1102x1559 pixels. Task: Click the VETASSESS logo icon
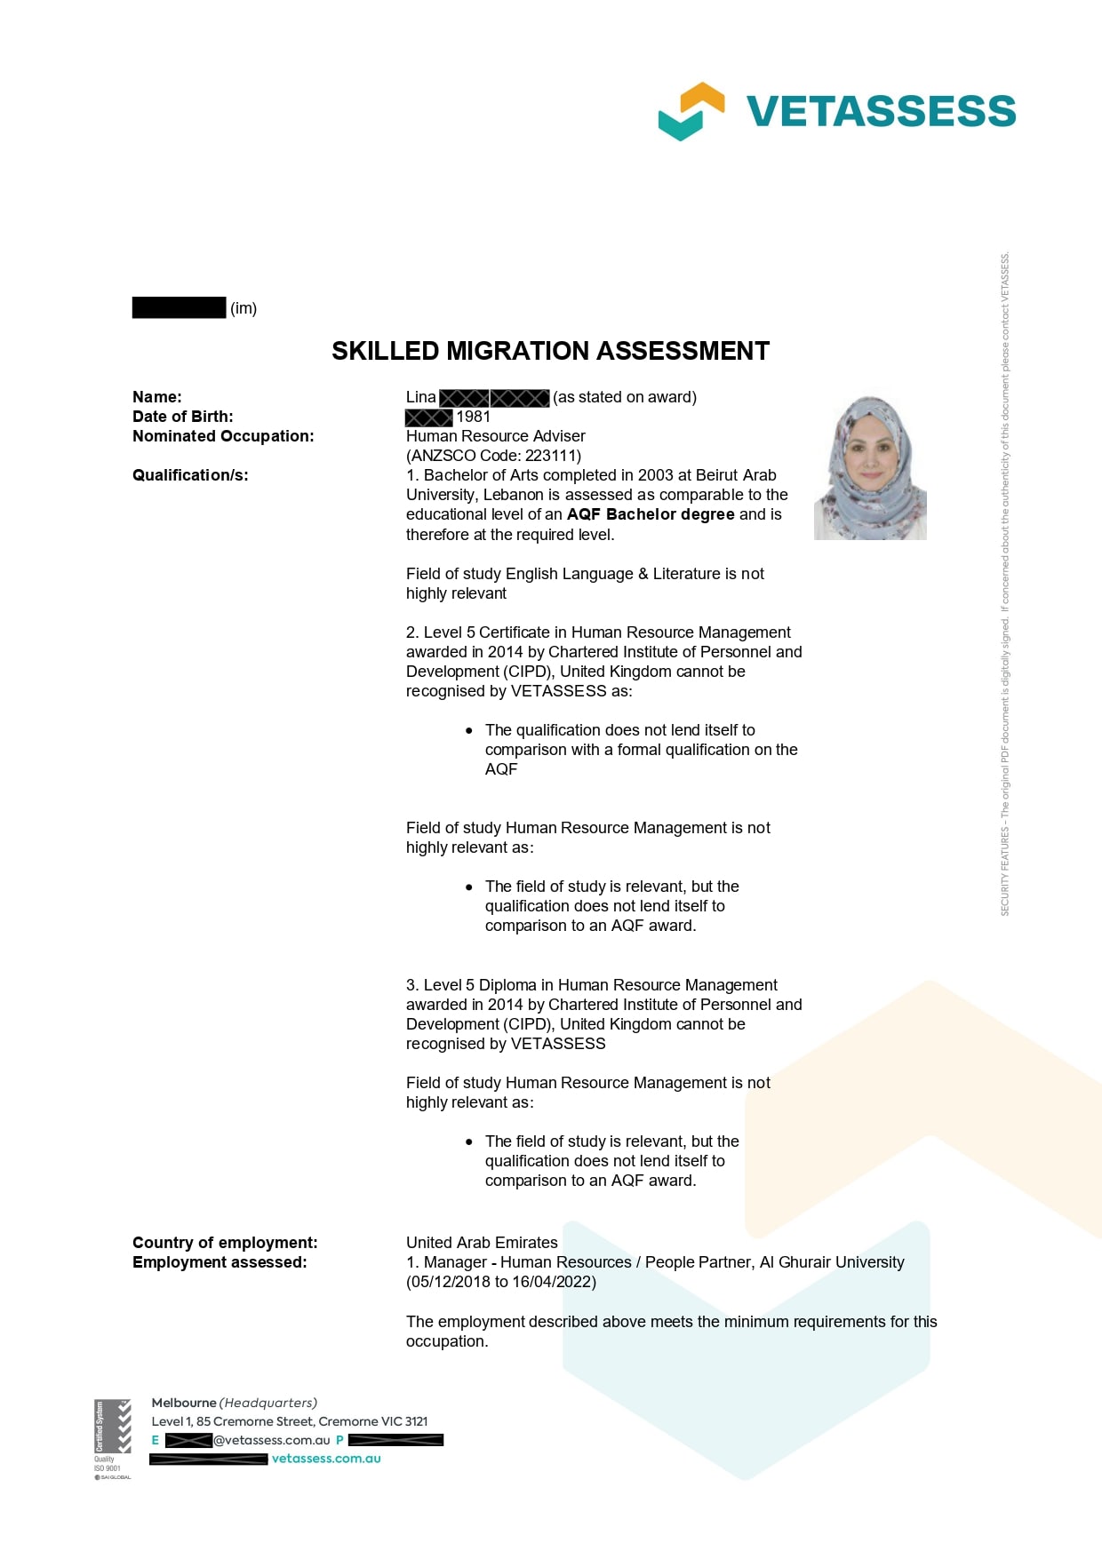pyautogui.click(x=691, y=111)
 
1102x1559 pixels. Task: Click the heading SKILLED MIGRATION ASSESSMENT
pyautogui.click(x=550, y=351)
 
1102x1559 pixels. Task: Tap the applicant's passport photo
pyautogui.click(x=870, y=468)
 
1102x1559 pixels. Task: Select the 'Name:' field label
pyautogui.click(x=157, y=397)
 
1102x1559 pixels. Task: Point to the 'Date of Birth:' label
pyautogui.click(x=183, y=417)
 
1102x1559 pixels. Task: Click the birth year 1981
pyautogui.click(x=474, y=417)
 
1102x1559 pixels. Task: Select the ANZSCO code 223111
pyautogui.click(x=549, y=456)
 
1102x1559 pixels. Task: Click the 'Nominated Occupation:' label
pyautogui.click(x=223, y=436)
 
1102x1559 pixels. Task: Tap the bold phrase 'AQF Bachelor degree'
pyautogui.click(x=651, y=514)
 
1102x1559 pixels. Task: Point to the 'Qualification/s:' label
pyautogui.click(x=190, y=475)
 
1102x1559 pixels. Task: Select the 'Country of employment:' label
pyautogui.click(x=225, y=1243)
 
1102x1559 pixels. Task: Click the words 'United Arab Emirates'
pyautogui.click(x=482, y=1243)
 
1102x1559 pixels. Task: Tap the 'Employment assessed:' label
pyautogui.click(x=220, y=1262)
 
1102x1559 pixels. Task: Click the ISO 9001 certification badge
pyautogui.click(x=112, y=1437)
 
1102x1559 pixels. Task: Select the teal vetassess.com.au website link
pyautogui.click(x=326, y=1459)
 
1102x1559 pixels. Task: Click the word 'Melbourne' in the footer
pyautogui.click(x=184, y=1403)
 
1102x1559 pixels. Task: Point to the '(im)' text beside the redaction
pyautogui.click(x=244, y=308)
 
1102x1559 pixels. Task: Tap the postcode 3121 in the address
pyautogui.click(x=416, y=1421)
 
